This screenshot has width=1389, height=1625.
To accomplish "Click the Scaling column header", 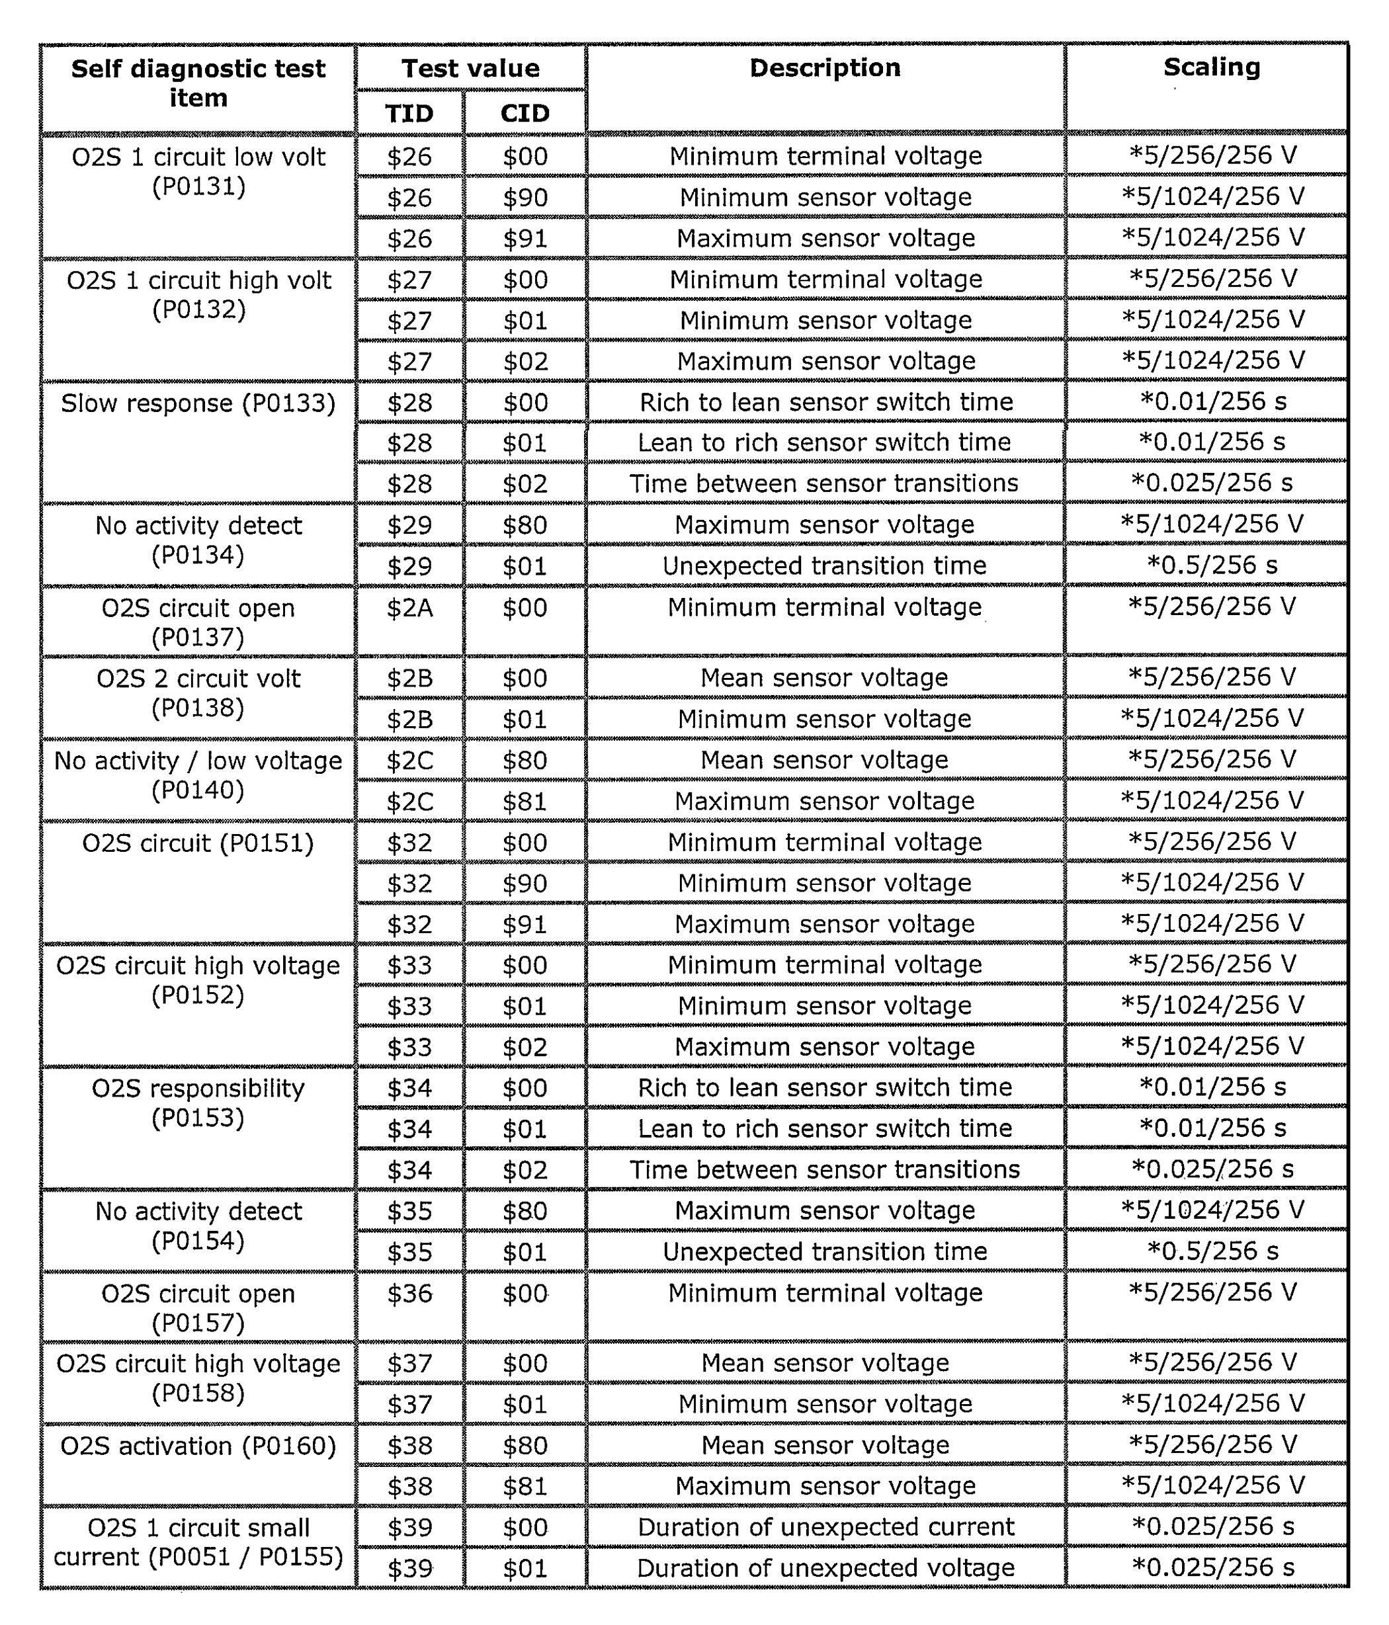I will tap(1211, 67).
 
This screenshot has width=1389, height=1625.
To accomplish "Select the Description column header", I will tap(824, 68).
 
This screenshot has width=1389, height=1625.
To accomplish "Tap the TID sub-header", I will tap(409, 114).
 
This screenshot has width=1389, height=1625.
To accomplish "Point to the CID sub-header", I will tap(525, 114).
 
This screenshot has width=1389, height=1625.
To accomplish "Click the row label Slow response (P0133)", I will tap(198, 403).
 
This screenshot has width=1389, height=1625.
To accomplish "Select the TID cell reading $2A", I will tap(409, 608).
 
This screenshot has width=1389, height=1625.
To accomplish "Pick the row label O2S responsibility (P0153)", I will tap(198, 1103).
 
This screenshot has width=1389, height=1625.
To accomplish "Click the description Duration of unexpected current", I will tap(825, 1527).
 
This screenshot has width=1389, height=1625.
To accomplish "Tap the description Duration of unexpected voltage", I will tap(825, 1567).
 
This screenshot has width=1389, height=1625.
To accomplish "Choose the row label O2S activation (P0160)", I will tap(198, 1445).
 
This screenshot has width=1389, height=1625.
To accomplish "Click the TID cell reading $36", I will tap(409, 1293).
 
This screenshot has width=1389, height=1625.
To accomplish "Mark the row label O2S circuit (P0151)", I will tap(198, 843).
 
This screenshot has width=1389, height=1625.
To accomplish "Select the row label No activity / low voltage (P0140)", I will tap(198, 775).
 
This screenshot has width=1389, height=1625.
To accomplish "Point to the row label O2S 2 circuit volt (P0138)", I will tap(198, 692).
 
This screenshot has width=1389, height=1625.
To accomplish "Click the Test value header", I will tap(470, 68).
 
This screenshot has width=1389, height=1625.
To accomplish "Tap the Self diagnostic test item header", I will tap(198, 83).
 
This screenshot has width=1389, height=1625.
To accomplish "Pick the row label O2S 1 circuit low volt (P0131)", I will tap(198, 171).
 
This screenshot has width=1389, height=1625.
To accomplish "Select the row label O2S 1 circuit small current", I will tap(198, 1542).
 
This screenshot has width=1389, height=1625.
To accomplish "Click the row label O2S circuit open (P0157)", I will tap(198, 1308).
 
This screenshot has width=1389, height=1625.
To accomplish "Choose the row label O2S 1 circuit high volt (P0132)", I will tap(198, 294).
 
